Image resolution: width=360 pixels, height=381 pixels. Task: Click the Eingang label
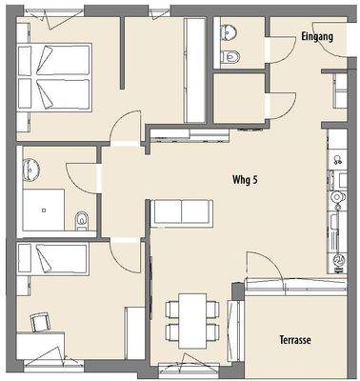(x=316, y=37)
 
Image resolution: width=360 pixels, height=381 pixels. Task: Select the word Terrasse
(x=296, y=340)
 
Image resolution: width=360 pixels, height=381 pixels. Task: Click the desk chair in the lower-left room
(x=40, y=322)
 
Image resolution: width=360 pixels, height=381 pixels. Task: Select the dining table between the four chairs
(x=189, y=319)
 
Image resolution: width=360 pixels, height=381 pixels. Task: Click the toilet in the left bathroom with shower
(x=81, y=221)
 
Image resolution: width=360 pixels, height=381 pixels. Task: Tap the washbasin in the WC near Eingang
(x=229, y=32)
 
